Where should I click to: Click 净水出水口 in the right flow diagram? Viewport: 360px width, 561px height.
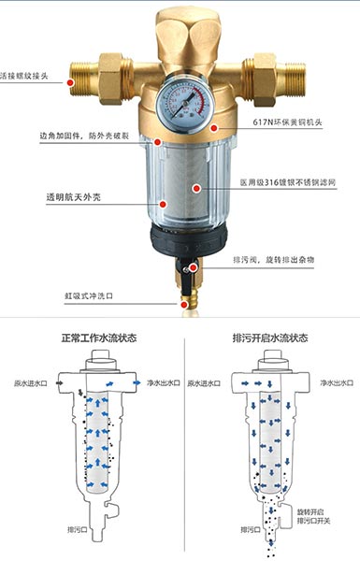(x=337, y=381)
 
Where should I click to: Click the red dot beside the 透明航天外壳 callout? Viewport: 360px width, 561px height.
(x=162, y=201)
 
